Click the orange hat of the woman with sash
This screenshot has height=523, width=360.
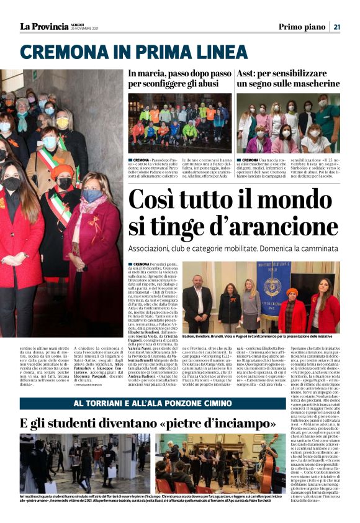point(61,172)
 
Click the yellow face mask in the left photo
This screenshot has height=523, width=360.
point(62,123)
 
